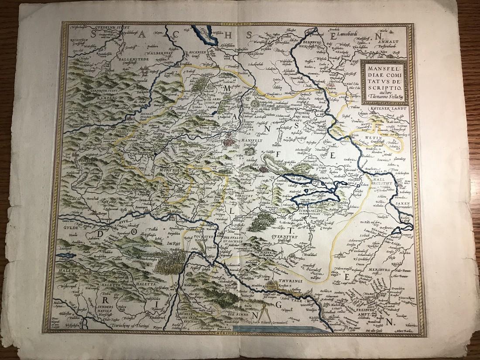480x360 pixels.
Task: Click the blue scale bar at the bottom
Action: pyautogui.click(x=275, y=330)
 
